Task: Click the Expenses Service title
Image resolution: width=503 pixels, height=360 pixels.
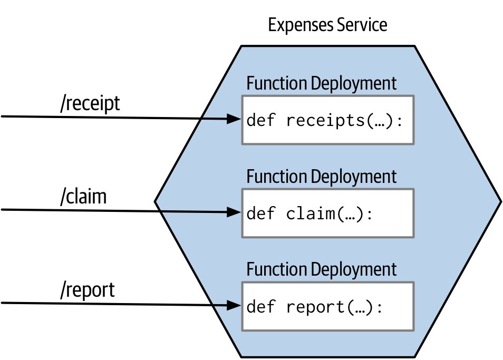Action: tap(327, 25)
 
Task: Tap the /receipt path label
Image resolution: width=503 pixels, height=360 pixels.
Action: tap(90, 103)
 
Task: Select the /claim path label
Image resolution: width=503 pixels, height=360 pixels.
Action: tap(83, 197)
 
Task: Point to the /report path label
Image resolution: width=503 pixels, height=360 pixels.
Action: tap(87, 290)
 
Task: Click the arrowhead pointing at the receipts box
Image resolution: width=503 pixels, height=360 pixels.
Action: tap(234, 119)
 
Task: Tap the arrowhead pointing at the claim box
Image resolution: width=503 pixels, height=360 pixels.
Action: tap(234, 212)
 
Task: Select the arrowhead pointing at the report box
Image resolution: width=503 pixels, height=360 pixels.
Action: tap(234, 305)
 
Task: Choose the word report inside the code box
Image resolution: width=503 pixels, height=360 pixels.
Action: tap(316, 307)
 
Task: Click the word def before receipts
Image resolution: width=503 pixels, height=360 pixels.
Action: tap(261, 120)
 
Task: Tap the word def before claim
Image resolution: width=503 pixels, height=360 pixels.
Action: tap(261, 213)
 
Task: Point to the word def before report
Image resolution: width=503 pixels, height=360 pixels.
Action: tap(261, 306)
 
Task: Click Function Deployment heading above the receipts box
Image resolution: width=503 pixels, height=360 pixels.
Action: tap(322, 83)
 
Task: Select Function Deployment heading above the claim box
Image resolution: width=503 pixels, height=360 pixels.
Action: tap(322, 177)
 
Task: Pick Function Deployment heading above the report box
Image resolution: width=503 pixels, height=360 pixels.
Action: tap(322, 269)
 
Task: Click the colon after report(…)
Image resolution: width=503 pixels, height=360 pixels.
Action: tap(380, 308)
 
